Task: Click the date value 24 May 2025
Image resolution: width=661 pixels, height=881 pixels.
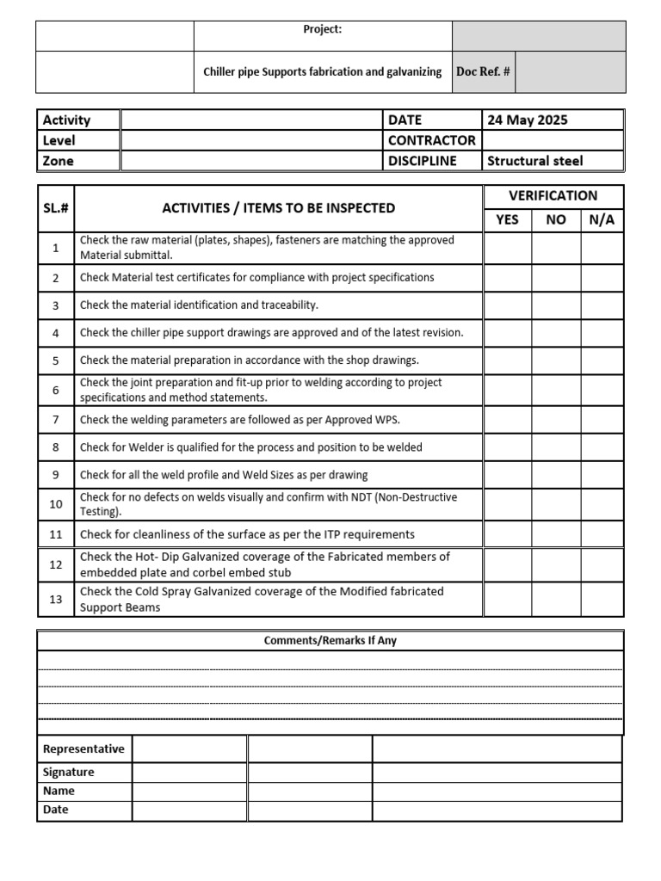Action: click(527, 120)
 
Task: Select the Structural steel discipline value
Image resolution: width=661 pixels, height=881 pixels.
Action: click(534, 161)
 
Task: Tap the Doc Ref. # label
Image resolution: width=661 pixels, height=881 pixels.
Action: click(483, 72)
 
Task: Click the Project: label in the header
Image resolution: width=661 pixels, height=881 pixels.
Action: click(323, 29)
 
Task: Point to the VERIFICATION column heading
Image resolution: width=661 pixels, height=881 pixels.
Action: click(553, 195)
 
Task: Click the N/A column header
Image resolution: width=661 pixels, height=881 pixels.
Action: click(602, 219)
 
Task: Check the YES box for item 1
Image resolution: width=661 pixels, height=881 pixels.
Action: click(507, 249)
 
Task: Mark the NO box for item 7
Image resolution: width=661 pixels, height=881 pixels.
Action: click(556, 420)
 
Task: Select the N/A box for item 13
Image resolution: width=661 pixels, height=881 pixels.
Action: click(602, 600)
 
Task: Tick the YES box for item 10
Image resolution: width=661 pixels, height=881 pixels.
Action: click(507, 504)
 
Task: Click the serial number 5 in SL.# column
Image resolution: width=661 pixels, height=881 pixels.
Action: click(56, 360)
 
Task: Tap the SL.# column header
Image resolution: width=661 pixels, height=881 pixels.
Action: click(56, 208)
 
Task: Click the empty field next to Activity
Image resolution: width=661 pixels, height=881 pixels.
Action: click(251, 120)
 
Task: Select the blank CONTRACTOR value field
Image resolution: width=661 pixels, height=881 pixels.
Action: click(553, 140)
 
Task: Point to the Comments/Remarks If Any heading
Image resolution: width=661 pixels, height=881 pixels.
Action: click(330, 641)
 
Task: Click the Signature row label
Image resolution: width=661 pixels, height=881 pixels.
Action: click(69, 772)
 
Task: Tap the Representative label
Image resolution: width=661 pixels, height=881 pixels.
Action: click(83, 749)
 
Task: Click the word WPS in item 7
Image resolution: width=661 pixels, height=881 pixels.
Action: click(388, 420)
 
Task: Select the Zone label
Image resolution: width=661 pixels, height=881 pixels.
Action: click(59, 161)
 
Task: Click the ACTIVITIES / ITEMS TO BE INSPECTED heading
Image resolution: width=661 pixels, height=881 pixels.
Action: click(279, 208)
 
